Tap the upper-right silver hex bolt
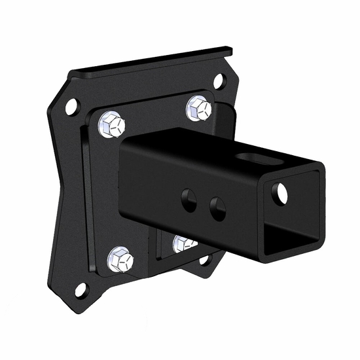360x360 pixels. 199,107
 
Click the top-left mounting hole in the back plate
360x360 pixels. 71,105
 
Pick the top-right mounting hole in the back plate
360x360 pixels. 220,82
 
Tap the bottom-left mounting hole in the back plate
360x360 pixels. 81,288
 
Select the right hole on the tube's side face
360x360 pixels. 217,209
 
